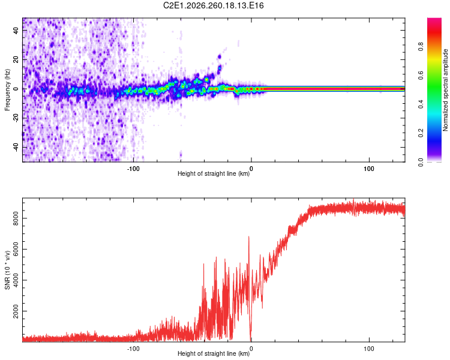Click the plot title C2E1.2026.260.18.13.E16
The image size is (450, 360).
(x=213, y=5)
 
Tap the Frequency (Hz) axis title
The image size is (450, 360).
(x=7, y=90)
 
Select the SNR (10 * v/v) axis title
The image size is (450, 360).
(x=7, y=270)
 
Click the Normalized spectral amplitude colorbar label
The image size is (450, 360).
(x=445, y=90)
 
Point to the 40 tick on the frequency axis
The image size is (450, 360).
(x=16, y=31)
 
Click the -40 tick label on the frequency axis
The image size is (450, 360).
(x=16, y=147)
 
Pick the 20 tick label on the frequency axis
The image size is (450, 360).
(x=16, y=60)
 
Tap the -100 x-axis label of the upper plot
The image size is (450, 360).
(x=133, y=169)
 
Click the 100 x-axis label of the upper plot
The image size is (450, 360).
(x=369, y=169)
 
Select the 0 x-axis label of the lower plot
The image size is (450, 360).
(x=251, y=349)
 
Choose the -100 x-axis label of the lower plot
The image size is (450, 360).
(x=133, y=349)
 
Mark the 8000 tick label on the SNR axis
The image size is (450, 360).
(x=16, y=218)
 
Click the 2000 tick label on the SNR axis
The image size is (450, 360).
(x=16, y=311)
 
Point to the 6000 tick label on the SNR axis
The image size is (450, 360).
(x=16, y=250)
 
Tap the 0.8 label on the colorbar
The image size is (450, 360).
(x=421, y=46)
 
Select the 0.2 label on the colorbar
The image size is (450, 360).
(x=421, y=133)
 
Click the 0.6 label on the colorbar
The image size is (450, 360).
(x=421, y=75)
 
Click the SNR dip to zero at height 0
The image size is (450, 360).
(x=251, y=340)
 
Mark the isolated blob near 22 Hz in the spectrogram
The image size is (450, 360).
(x=220, y=57)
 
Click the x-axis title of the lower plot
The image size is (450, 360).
(x=214, y=353)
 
